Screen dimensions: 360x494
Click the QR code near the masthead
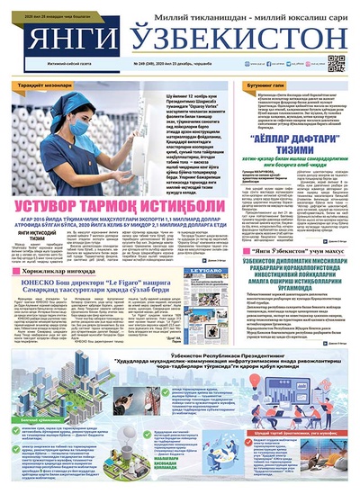click(337, 63)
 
